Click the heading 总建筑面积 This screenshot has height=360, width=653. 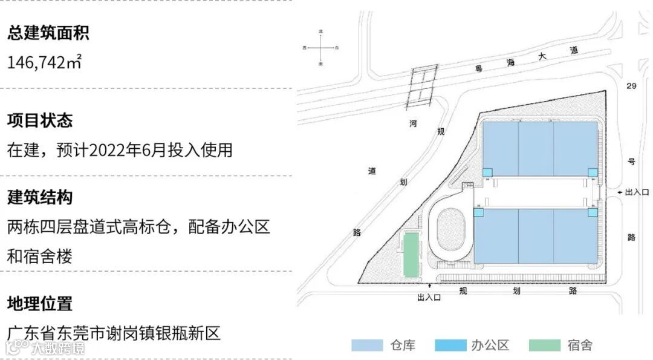(48, 33)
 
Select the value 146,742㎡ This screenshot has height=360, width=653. (44, 62)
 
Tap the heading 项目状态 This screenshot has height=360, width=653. (40, 120)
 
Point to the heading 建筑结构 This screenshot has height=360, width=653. (40, 197)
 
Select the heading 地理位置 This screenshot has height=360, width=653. (40, 303)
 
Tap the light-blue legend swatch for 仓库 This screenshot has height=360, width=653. (367, 345)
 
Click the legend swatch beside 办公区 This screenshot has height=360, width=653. (450, 345)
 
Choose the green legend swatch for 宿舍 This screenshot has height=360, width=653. (544, 345)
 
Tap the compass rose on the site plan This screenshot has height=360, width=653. (321, 47)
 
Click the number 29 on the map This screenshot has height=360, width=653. (631, 87)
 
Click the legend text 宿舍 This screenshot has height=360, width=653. (580, 345)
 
